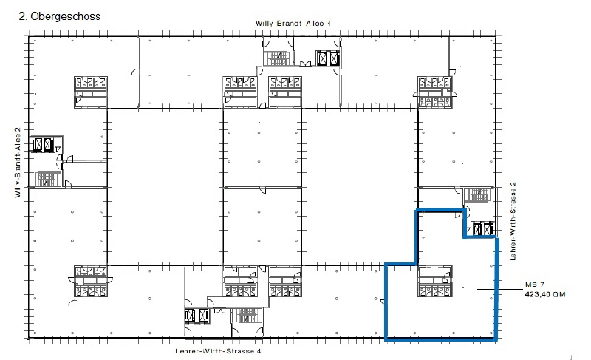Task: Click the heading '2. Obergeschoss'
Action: point(60,16)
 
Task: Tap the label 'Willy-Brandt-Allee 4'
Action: point(293,23)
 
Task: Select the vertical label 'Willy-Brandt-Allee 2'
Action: point(17,162)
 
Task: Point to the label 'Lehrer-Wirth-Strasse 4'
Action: point(218,351)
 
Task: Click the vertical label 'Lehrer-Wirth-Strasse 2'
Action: point(513,221)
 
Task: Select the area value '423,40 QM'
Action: point(545,294)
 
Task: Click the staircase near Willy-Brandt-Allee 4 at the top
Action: point(278,59)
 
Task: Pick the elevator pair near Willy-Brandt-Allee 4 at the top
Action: point(328,58)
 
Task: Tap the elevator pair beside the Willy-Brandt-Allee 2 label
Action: point(44,144)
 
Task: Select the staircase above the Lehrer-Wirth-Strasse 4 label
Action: point(247,316)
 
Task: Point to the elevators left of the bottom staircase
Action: point(197,316)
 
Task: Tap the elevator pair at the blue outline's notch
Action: point(483,228)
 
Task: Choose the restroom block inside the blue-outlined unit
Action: point(434,281)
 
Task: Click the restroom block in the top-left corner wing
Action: point(91,92)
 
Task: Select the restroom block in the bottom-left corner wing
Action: point(91,281)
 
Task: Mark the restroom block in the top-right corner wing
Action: point(434,92)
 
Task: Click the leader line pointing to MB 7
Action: point(499,289)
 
